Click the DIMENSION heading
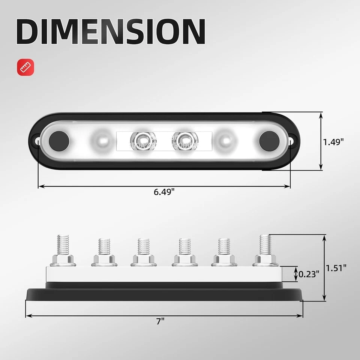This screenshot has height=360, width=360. tap(111, 31)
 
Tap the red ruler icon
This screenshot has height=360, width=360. tap(25, 67)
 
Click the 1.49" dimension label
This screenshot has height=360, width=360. tap(333, 142)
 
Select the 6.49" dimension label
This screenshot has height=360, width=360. tap(164, 192)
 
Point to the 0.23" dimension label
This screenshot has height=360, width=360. tap(309, 274)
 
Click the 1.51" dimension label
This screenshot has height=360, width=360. tap(336, 268)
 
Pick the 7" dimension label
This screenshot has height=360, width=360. tap(161, 321)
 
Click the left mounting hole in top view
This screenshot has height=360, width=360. tap(38, 142)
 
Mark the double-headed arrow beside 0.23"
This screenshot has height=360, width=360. tap(296, 274)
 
